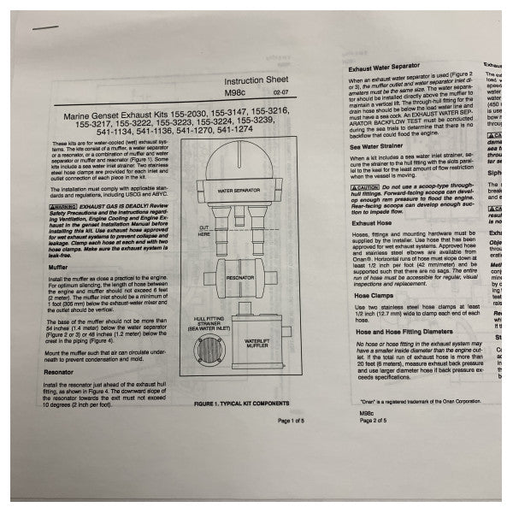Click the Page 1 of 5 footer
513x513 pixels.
(296, 421)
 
